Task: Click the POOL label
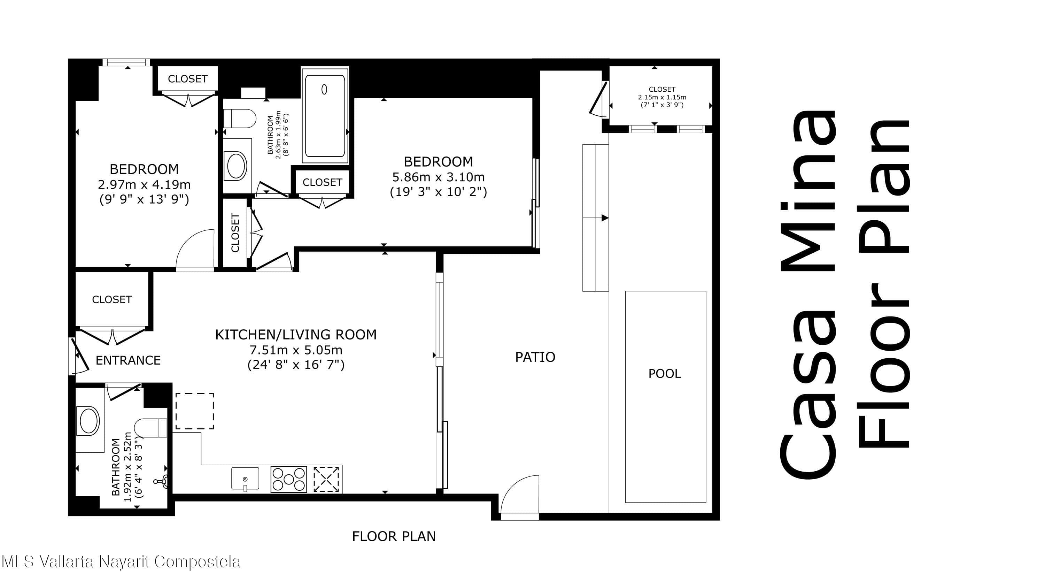[x=665, y=374]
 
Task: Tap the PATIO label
[x=535, y=357]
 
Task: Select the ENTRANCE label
[x=128, y=360]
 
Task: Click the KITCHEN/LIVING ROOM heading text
[x=296, y=335]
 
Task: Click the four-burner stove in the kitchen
[x=289, y=479]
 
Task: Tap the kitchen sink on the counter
[x=245, y=479]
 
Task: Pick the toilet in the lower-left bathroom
[x=150, y=428]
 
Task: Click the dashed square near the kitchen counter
[x=195, y=411]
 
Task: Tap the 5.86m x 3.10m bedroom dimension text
[x=438, y=177]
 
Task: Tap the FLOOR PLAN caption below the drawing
[x=394, y=536]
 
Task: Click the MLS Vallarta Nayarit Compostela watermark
[x=121, y=562]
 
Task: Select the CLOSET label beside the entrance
[x=112, y=299]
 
